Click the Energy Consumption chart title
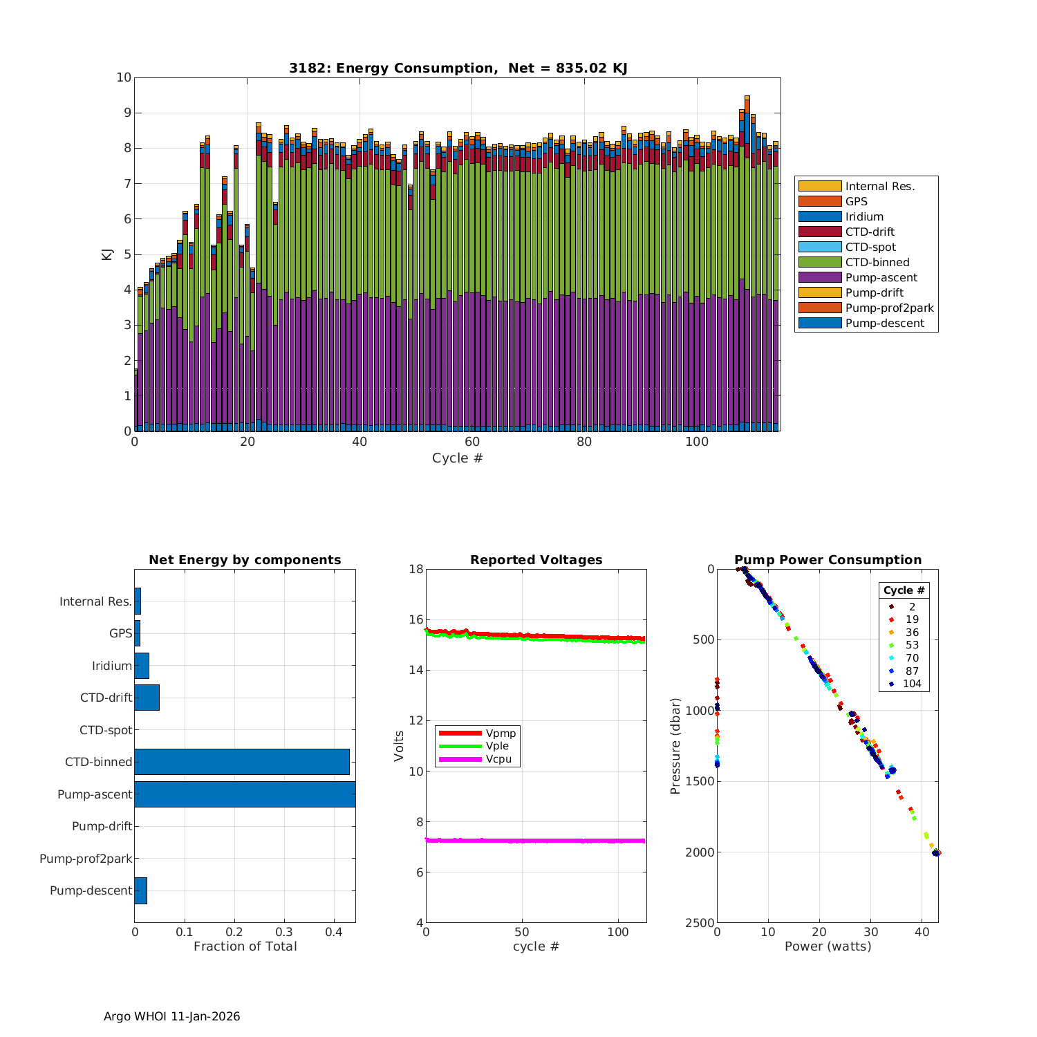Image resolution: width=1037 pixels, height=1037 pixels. [458, 68]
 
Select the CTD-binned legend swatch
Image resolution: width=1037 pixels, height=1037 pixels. [820, 262]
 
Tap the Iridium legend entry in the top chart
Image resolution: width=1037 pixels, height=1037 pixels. [864, 216]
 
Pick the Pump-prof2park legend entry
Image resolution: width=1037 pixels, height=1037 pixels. [889, 308]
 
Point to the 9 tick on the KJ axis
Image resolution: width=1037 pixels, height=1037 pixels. [124, 113]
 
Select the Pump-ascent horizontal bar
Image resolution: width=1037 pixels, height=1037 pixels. [245, 794]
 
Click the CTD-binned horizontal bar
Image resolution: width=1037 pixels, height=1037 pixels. [242, 762]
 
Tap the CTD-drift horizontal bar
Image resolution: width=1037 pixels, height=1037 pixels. [147, 698]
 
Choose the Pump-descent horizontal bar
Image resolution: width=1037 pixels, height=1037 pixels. [140, 890]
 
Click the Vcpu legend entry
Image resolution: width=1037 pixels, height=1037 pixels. [498, 759]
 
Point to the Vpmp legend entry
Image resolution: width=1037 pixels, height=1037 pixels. [501, 733]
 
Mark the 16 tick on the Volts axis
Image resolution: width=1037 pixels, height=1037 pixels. [415, 619]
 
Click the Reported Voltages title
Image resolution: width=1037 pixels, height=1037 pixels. [536, 560]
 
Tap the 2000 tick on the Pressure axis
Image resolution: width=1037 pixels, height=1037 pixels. [701, 852]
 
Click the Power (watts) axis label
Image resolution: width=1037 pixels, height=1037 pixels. [828, 946]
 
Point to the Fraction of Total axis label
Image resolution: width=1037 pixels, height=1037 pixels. [245, 946]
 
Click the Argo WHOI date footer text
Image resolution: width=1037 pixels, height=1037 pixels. [171, 1016]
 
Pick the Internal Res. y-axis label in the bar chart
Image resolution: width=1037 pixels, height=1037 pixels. [95, 601]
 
